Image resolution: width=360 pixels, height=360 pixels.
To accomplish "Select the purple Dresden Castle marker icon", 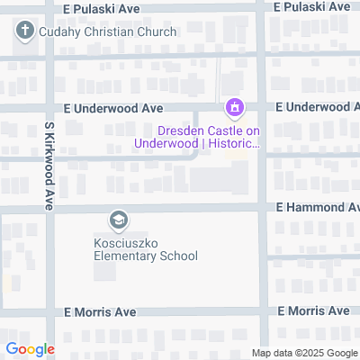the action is (x=234, y=110).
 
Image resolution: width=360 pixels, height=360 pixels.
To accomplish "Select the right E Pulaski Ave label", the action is (x=313, y=5).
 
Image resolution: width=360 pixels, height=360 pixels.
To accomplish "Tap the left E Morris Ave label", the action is (x=100, y=311).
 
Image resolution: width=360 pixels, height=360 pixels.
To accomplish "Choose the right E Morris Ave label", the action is (x=313, y=310).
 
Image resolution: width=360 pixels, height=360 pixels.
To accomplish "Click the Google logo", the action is (x=30, y=349).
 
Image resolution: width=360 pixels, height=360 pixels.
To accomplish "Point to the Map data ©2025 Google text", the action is (x=304, y=353).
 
